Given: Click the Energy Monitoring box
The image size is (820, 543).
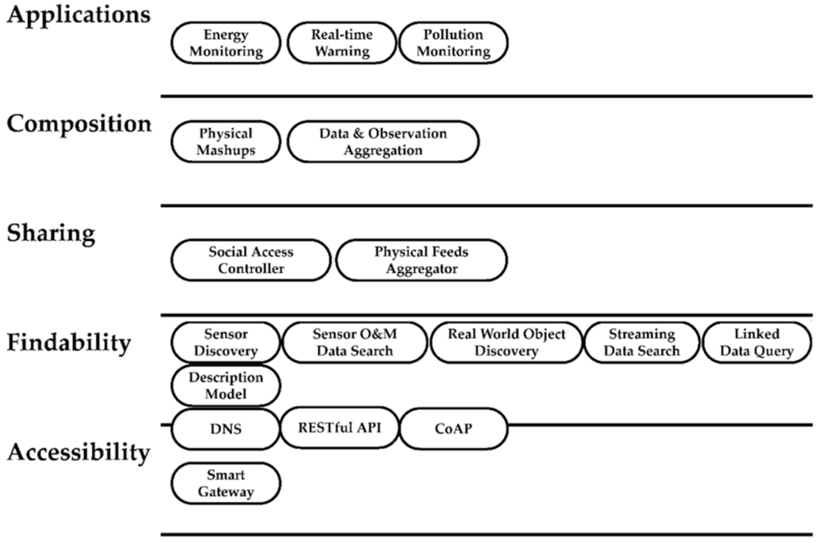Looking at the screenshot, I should coord(227,43).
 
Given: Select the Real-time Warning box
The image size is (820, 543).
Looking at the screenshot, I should coord(340,43).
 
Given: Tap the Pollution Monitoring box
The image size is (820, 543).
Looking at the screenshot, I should coord(453,43).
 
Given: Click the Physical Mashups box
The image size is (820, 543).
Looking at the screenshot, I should coord(227,142).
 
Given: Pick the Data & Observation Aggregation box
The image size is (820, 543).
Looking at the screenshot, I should coord(383,142).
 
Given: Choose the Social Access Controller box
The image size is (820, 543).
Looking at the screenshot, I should coord(251,260).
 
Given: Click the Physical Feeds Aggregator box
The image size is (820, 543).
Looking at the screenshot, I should coord(421,260).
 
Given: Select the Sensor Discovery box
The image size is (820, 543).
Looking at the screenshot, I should coord(227,343).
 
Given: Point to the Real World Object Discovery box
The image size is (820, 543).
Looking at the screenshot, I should coord(506,343).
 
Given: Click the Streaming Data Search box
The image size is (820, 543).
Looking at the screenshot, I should coord(641,343).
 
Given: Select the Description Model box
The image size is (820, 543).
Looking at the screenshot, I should coord(227,385).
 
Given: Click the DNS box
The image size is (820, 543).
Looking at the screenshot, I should coord(227,428).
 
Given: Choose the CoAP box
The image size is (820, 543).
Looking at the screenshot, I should coord(453,428).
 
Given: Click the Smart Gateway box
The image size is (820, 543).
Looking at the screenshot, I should coord(227,484).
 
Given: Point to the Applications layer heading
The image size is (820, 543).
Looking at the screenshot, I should coord(78,17).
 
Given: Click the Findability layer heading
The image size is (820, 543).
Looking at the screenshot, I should coord(69,343).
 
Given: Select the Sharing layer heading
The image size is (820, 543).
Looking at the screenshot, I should coord(51,233).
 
